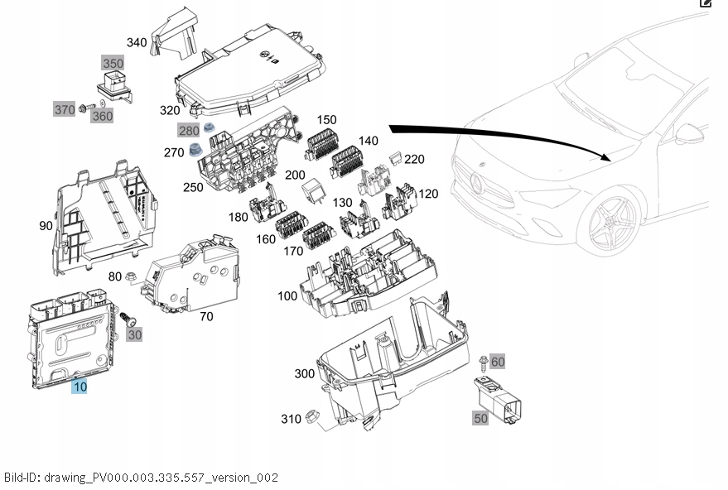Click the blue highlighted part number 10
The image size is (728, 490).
[x=79, y=386]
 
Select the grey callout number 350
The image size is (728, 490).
[x=113, y=63]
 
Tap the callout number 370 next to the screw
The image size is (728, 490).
[x=64, y=109]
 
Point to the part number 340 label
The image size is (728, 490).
[x=137, y=42]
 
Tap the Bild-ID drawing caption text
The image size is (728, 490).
[x=141, y=478]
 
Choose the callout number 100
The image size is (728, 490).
[x=287, y=295]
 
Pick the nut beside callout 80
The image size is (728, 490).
[x=131, y=277]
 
